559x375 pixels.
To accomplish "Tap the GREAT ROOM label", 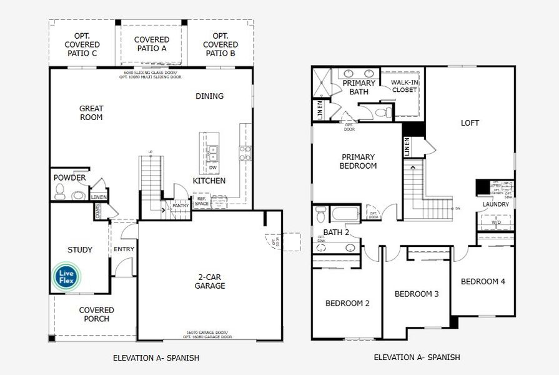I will pos(91,113).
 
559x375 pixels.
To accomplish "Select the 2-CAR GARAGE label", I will pos(209,281).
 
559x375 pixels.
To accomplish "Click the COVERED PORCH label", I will pos(97,314).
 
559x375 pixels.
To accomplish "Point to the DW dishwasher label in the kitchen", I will pos(213,167).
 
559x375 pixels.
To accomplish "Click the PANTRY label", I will pos(180,205).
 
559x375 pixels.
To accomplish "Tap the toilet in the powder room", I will pos(61,194).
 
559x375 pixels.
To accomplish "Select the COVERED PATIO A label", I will pos(151,44).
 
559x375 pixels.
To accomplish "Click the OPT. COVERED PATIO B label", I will pos(220,44).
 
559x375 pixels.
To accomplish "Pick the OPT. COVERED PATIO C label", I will pos(82,44).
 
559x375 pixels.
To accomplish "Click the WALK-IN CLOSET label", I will pos(404,86).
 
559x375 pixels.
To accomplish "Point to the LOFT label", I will pos(470,123).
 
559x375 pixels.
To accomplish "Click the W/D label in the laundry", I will pos(496,222).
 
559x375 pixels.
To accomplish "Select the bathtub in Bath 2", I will pos(345,215).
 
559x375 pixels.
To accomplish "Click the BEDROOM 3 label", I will pos(417,294).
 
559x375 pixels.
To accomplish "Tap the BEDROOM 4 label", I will pos(483,281).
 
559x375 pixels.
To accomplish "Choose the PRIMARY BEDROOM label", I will pos(358,161).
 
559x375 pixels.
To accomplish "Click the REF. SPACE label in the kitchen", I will pos(202,201).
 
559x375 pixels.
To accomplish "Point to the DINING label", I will pos(209,96).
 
